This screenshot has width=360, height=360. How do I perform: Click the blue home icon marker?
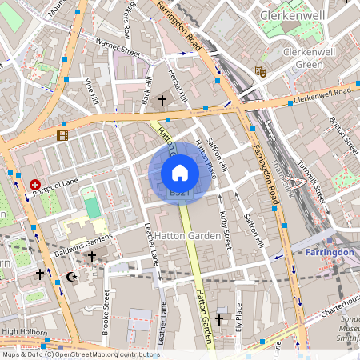point(179,172)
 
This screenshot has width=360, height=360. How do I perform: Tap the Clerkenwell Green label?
point(302,58)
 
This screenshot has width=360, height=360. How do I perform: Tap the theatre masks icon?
point(260,71)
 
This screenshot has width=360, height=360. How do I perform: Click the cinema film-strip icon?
point(62,134)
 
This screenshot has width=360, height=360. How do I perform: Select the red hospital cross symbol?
point(35,184)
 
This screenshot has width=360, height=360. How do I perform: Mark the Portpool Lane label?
point(62,182)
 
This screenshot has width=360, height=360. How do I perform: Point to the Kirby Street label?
point(225,228)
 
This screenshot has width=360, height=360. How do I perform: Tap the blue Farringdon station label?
point(330,252)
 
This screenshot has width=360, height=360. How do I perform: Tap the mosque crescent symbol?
point(70,276)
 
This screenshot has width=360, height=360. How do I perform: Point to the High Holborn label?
point(21,330)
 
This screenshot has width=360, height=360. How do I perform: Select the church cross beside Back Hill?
point(162,101)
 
